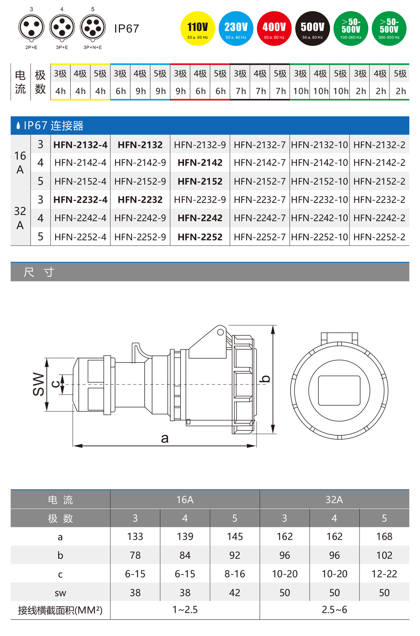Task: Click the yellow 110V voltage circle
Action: pyautogui.click(x=198, y=28)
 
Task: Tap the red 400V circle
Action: pyautogui.click(x=274, y=28)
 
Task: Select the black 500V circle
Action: pyautogui.click(x=313, y=28)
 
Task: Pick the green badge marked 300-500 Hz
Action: pyautogui.click(x=389, y=28)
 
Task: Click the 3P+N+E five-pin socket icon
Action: pyautogui.click(x=93, y=27)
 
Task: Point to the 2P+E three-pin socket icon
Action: pyautogui.click(x=31, y=27)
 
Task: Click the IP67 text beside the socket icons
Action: pyautogui.click(x=126, y=29)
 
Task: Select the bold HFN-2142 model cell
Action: pyautogui.click(x=200, y=163)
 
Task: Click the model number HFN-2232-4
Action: pyautogui.click(x=80, y=200)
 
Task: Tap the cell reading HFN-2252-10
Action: pyautogui.click(x=319, y=237)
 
